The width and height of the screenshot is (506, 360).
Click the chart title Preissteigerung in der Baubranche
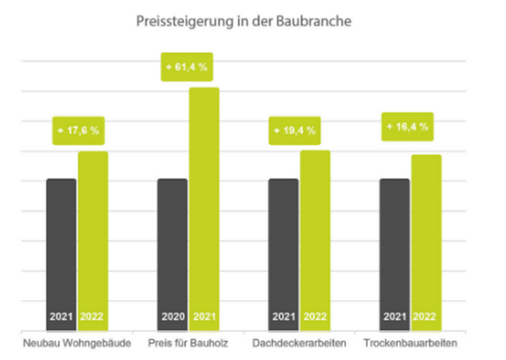pos(244,22)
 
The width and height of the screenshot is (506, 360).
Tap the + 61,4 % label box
pos(187,67)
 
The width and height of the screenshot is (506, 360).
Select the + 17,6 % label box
pos(78,131)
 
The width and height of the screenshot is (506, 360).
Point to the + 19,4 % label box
pos(295,131)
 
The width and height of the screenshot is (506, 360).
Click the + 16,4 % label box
pos(407,127)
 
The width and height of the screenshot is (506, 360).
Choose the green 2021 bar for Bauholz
pos(204,202)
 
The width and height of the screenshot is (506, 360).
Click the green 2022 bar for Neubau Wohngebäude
pos(93,234)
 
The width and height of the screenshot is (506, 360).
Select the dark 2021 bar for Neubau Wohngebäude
pos(61,248)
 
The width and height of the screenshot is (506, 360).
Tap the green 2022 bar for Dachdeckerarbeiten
pos(315,234)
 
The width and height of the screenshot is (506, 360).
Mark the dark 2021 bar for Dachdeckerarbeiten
pos(283,248)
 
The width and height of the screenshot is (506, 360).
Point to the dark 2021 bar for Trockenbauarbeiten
pos(394,248)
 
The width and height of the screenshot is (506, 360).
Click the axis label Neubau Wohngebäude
pos(77,344)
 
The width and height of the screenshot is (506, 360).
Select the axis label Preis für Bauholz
pos(188,344)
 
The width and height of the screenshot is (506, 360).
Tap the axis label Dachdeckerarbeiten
pos(299,344)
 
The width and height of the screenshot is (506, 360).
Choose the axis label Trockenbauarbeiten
pos(410,344)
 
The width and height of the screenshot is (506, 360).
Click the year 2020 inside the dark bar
pos(173,316)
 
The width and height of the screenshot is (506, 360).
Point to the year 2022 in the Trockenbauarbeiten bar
pos(424,316)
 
